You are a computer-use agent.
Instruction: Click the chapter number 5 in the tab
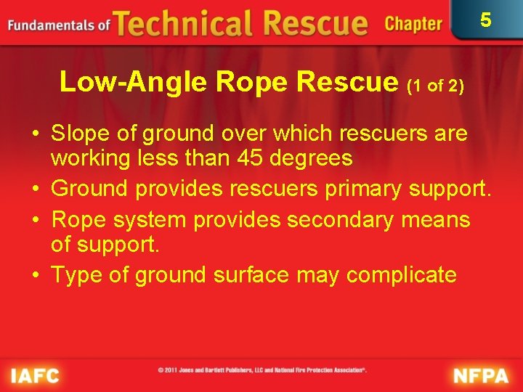tap(486, 20)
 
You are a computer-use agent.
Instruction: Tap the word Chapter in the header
tap(413, 24)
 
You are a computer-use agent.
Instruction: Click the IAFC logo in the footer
tap(35, 376)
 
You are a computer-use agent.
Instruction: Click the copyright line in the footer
tap(261, 370)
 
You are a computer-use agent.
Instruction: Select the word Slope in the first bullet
tap(81, 134)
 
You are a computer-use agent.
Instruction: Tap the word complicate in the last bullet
tap(401, 275)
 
